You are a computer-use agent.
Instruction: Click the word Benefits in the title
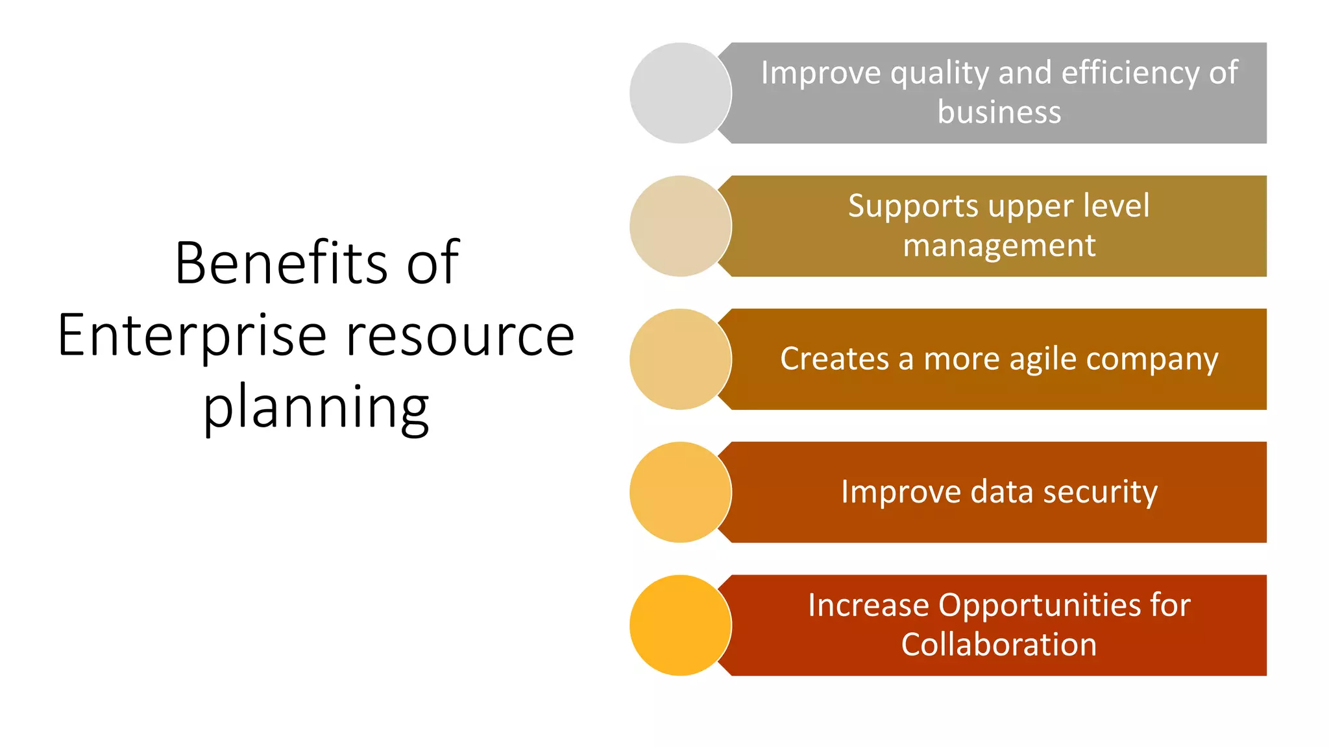click(x=280, y=263)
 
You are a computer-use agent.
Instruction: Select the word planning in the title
click(x=316, y=409)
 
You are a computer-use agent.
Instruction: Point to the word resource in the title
click(x=460, y=336)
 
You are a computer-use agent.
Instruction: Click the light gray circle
click(x=680, y=93)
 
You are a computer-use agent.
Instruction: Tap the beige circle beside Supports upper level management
click(x=680, y=226)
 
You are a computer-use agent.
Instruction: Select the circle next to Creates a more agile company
click(x=680, y=359)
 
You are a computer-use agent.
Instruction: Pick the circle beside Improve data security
click(x=680, y=492)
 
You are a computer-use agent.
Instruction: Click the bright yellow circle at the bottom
click(x=680, y=625)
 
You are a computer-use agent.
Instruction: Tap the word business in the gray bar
click(x=999, y=112)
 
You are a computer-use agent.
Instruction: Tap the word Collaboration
click(x=999, y=645)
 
